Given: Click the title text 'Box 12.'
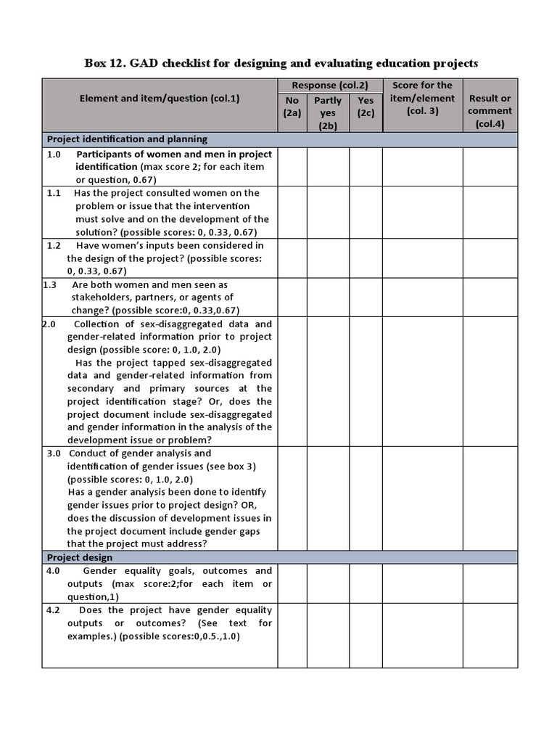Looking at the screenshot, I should (106, 63).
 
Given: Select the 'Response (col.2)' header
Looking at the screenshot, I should (330, 86).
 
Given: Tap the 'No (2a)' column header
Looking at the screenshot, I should (292, 107).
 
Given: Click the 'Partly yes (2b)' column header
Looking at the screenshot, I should (328, 113).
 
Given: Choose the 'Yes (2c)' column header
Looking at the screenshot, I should (366, 107).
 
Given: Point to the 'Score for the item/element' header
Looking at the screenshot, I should (422, 98).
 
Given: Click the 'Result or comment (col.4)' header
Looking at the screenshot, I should (490, 111).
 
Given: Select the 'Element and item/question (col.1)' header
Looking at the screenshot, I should (160, 98).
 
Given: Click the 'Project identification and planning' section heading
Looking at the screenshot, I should (128, 139).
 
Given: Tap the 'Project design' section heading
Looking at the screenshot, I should (80, 557).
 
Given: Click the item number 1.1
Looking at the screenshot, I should (54, 193).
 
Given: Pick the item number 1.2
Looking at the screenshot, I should (54, 245).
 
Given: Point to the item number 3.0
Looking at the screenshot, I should (54, 453).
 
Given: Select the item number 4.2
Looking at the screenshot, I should (52, 610).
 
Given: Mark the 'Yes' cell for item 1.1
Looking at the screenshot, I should (366, 213).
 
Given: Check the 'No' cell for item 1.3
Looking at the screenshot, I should (292, 297).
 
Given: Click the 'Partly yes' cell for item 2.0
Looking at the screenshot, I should (328, 382).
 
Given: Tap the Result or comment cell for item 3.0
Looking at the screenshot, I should (490, 498).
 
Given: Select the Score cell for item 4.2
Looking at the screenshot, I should (422, 636).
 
